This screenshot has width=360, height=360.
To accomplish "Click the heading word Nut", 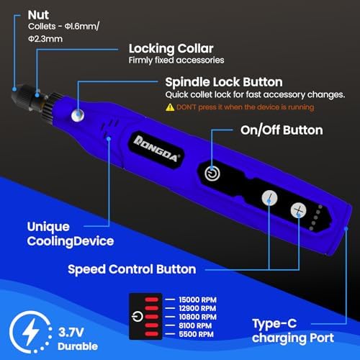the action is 38,15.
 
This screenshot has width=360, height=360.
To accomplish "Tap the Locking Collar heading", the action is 171,49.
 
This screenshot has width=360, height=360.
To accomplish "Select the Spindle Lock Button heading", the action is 224,82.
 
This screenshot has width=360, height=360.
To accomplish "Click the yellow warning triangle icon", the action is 170,107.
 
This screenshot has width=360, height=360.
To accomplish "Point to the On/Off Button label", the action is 282,130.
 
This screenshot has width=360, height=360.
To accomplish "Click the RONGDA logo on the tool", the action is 156,149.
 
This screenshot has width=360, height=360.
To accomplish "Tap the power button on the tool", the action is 212,174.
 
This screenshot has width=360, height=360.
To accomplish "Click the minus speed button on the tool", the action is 269,198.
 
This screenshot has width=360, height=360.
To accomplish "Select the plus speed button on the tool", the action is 298,210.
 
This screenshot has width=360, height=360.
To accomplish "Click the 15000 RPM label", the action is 198,300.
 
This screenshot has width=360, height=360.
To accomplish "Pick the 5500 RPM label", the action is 196,334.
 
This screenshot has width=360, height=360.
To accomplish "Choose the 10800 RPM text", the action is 198,317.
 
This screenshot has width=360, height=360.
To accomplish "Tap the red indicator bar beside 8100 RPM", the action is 152,325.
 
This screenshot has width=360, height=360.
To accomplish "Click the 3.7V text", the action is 71,333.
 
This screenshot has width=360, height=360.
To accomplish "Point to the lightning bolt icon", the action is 30,332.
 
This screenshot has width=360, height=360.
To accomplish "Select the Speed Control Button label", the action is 132,269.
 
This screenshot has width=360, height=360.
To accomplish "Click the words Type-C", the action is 274,324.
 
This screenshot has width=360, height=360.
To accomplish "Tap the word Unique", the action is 48,227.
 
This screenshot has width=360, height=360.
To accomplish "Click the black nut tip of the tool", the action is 18,94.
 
